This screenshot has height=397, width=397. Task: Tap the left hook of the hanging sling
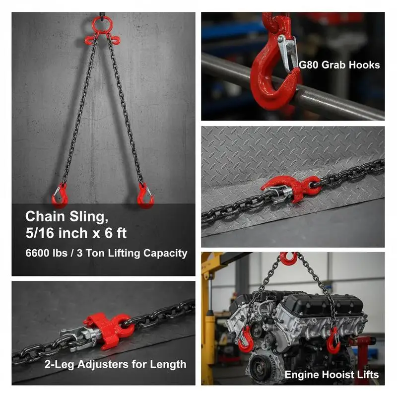tap(60, 196)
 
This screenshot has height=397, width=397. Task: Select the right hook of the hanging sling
tap(145, 196)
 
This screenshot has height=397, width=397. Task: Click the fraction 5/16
tap(41, 233)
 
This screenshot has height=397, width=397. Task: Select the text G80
tap(308, 65)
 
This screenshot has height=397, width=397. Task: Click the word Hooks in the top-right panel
tap(364, 65)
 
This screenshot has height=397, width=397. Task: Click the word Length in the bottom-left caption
tap(168, 365)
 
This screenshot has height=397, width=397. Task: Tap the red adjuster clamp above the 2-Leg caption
tap(109, 329)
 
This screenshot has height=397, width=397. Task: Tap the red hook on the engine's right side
tap(333, 341)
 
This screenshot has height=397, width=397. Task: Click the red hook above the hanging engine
tap(289, 259)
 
